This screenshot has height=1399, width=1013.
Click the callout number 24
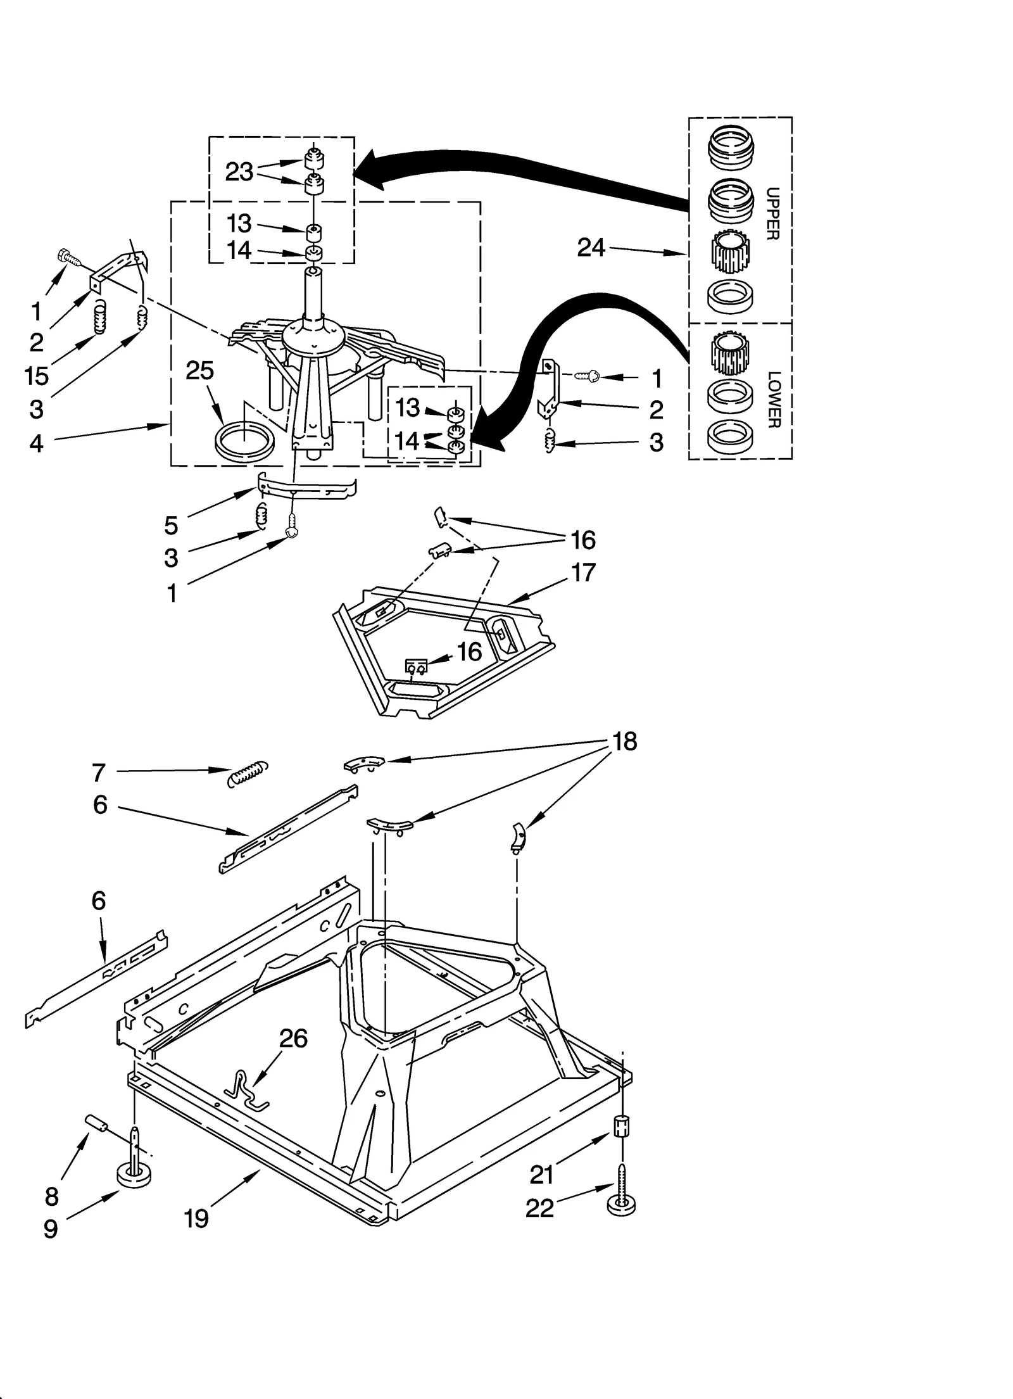tap(591, 248)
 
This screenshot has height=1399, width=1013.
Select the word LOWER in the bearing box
tap(773, 400)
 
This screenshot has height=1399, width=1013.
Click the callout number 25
tap(200, 370)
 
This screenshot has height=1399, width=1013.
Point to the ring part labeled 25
tap(245, 440)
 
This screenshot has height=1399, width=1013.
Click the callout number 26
tap(294, 1039)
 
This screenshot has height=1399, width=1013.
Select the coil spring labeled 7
tap(248, 773)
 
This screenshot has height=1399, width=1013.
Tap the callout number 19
tap(196, 1218)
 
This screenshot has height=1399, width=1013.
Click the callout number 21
tap(542, 1175)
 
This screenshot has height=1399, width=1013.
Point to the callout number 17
tap(583, 573)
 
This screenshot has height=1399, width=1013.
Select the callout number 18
tap(624, 742)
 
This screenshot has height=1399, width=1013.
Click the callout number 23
tap(239, 172)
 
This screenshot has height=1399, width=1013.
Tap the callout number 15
tap(37, 376)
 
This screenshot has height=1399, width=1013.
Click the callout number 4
tap(37, 443)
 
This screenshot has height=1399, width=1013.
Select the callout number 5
tap(171, 525)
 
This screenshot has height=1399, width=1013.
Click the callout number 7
tap(98, 773)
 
